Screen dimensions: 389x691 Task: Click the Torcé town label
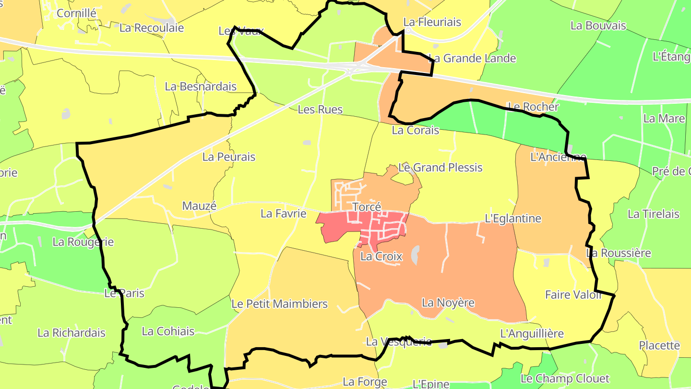point(367,207)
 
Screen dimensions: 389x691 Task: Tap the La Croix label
point(381,256)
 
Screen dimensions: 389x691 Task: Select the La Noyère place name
point(448,303)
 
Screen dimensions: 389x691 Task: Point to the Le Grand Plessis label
point(441,168)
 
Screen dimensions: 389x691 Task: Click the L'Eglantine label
point(513,219)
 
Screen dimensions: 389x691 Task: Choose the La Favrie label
point(283,213)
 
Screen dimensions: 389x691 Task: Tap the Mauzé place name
point(200,206)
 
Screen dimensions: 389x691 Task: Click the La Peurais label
point(229,157)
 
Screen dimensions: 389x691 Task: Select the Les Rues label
point(320,109)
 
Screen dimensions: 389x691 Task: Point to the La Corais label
point(415,130)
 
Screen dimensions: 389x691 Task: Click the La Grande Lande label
point(472,59)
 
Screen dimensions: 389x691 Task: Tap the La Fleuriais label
point(432,22)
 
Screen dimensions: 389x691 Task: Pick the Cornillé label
point(76,13)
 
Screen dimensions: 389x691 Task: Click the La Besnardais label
point(201,86)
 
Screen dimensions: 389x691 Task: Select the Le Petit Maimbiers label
point(279,304)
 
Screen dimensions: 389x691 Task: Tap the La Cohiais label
point(168,331)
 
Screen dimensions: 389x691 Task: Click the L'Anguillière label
point(532,333)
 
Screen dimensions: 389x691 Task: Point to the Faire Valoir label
point(573,294)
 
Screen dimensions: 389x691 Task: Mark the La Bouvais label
point(598,25)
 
